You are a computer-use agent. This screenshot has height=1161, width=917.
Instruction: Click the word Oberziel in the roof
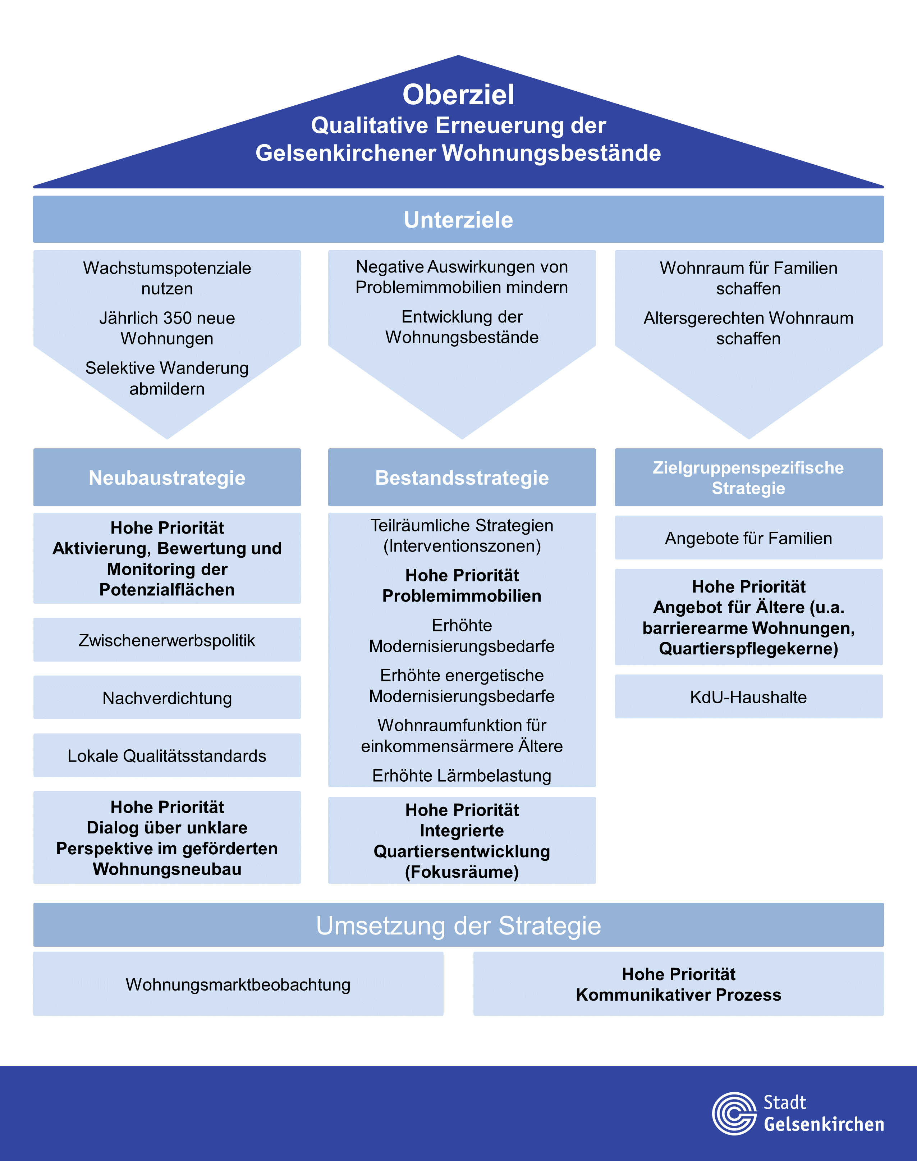coord(459,95)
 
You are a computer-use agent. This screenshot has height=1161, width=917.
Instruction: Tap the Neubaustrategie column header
coord(167,477)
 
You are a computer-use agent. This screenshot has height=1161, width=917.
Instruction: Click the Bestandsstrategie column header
coord(462,477)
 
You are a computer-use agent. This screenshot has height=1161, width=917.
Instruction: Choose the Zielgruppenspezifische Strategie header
coord(748,477)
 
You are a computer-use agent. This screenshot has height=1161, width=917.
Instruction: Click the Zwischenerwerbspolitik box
coord(167,640)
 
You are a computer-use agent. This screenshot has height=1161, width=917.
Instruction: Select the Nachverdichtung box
coord(167,698)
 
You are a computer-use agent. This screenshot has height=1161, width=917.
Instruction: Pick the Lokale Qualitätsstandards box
coord(167,755)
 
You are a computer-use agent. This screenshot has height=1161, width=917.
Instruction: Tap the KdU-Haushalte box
coord(748,696)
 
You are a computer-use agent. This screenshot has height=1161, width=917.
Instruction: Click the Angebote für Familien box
coord(748,538)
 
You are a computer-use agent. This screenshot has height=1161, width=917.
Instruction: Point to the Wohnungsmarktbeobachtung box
coord(238,984)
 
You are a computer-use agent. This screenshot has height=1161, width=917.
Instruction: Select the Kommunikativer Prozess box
coord(679,984)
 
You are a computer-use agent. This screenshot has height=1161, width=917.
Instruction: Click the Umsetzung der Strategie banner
coord(459,925)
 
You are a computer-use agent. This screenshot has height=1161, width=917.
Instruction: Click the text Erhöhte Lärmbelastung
coord(462,776)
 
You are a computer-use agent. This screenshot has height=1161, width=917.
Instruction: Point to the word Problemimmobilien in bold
coord(462,595)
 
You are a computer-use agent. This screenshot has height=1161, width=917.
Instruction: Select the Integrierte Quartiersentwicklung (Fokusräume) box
coord(462,840)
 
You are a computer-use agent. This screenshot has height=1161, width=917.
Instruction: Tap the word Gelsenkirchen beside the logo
coord(824,1124)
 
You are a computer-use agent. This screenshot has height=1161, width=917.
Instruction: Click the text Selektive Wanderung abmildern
coord(167,378)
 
